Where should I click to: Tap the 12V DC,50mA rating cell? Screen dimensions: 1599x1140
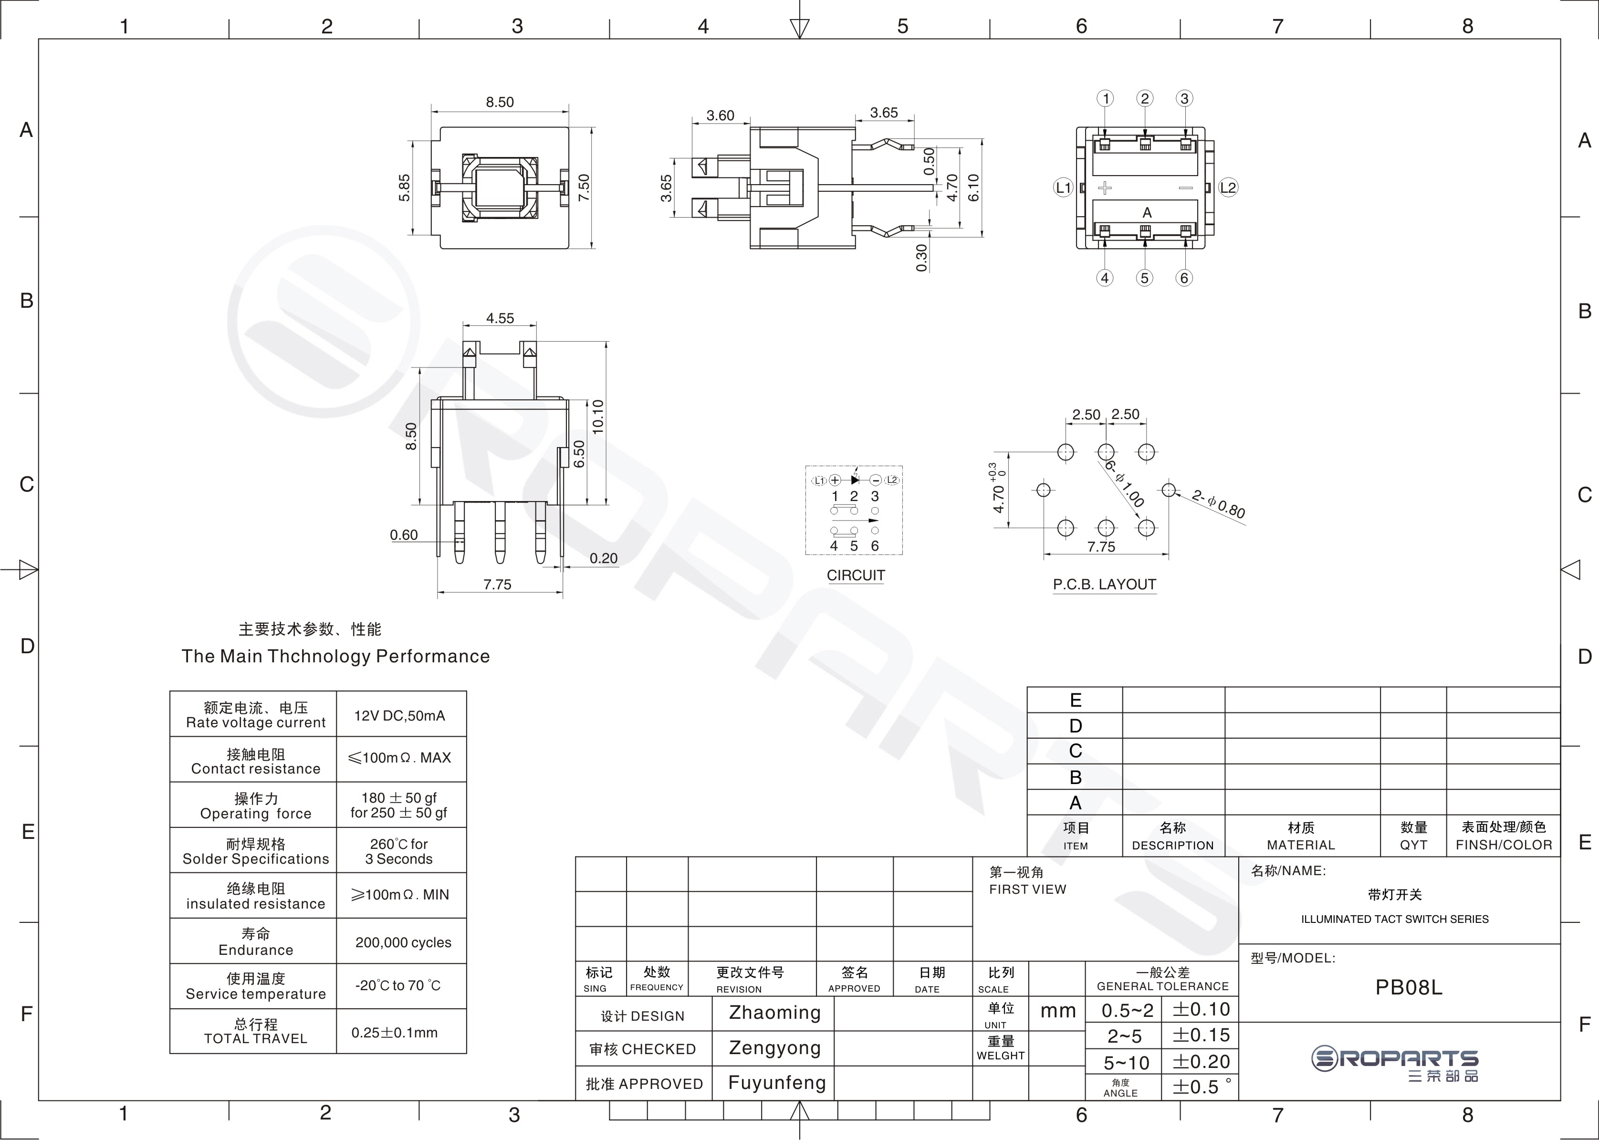pyautogui.click(x=399, y=715)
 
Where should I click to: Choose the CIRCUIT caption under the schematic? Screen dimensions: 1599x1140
pyautogui.click(x=856, y=575)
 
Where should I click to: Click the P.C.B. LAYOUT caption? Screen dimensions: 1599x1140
pyautogui.click(x=1104, y=584)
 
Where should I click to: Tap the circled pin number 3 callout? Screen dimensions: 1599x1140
pyautogui.click(x=1184, y=98)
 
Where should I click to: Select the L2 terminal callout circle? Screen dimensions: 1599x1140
pyautogui.click(x=1228, y=188)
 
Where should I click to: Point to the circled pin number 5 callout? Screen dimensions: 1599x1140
pyautogui.click(x=1145, y=278)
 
